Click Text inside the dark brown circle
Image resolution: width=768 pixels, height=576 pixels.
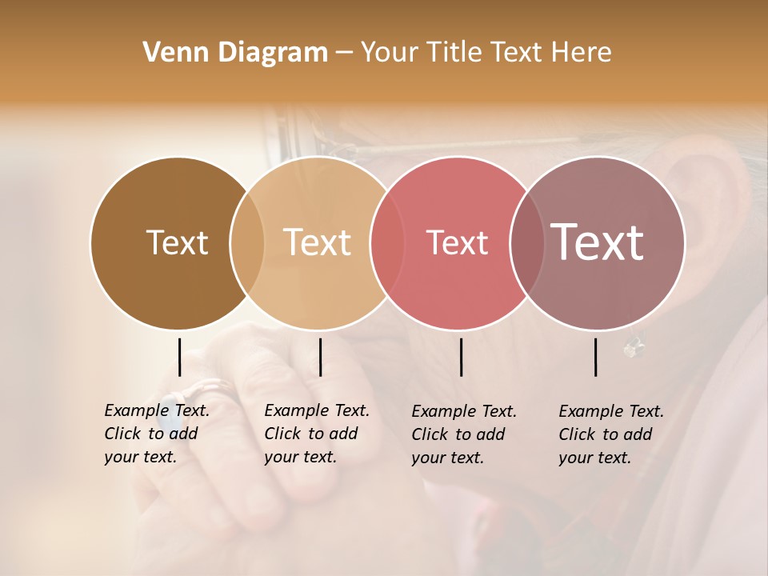click(x=177, y=243)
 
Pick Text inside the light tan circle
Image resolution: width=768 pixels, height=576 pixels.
click(x=318, y=243)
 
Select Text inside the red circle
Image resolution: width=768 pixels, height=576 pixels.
click(x=457, y=243)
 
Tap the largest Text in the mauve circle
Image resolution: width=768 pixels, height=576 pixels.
click(x=598, y=242)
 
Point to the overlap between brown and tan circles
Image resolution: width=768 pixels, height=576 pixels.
click(x=247, y=243)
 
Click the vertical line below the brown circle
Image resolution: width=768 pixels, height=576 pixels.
click(x=180, y=357)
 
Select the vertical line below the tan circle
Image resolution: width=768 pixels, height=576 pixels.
click(x=320, y=357)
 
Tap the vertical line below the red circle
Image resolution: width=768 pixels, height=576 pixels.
click(x=462, y=357)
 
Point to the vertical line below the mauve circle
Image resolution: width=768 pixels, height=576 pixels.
click(x=596, y=357)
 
